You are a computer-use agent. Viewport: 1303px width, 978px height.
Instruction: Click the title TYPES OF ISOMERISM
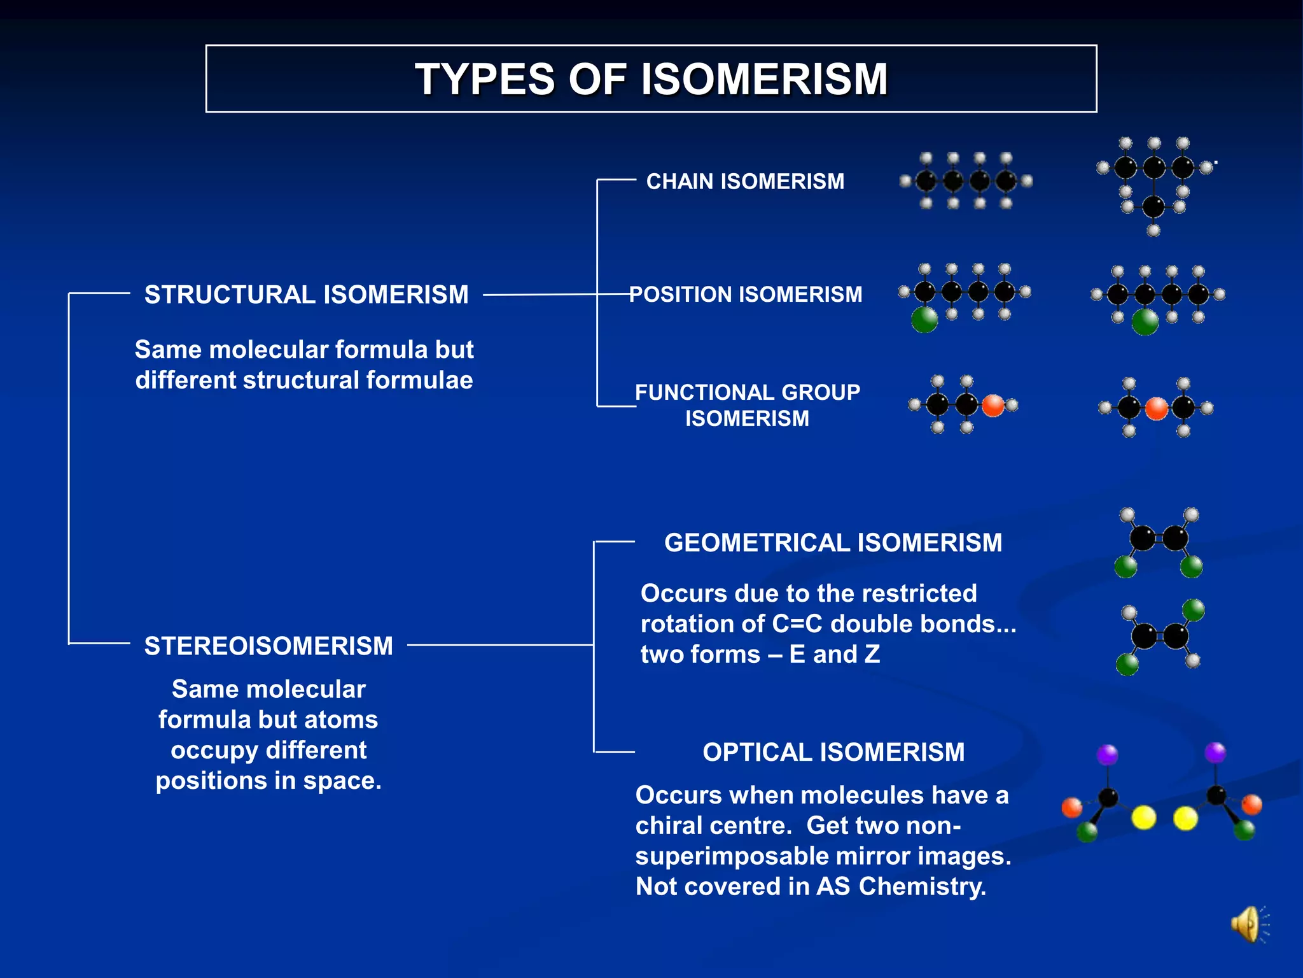(x=651, y=80)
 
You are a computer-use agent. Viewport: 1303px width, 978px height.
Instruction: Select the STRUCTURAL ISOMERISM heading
(x=306, y=295)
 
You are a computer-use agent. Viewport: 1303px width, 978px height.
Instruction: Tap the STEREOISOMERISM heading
(x=268, y=646)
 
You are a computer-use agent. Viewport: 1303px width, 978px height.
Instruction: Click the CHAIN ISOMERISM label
(x=745, y=181)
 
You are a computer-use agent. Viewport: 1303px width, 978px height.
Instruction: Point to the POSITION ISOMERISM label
(x=746, y=294)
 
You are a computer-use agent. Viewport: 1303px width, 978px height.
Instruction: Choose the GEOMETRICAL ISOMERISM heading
(x=833, y=542)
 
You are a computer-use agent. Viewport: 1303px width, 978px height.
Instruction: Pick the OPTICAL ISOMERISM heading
(x=833, y=752)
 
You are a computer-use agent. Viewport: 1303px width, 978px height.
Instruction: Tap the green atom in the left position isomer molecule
(x=924, y=320)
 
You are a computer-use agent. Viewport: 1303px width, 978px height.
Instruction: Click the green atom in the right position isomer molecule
(x=1145, y=322)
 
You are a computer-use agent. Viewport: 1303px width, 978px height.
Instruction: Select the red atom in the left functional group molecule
(x=993, y=405)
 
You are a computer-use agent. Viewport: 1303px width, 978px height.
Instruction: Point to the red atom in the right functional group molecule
(x=1157, y=408)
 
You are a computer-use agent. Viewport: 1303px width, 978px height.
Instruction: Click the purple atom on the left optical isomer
(x=1107, y=755)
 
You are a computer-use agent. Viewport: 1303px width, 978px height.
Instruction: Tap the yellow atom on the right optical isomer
(x=1185, y=818)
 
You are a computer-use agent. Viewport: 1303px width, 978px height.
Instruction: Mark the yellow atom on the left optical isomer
(x=1143, y=818)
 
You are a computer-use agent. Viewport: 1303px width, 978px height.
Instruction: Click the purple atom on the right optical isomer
(x=1215, y=752)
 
